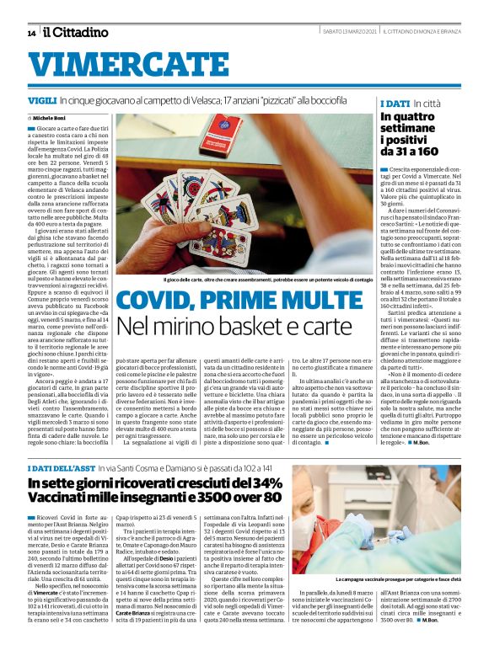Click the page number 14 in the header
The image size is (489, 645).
point(31,33)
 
